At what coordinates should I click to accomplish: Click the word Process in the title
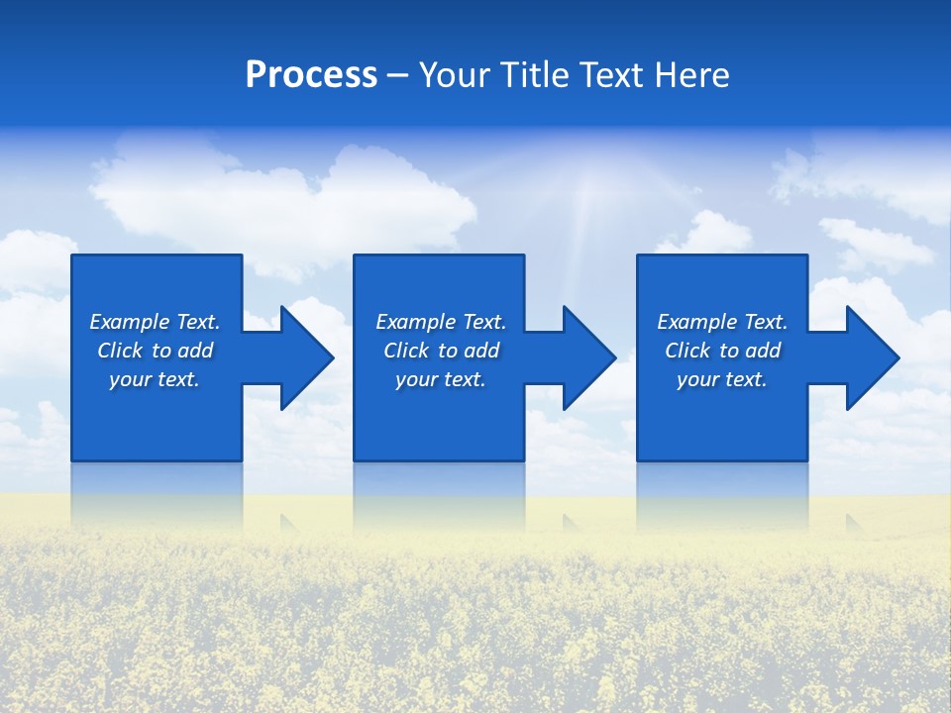311,75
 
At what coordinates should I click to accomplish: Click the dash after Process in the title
397,76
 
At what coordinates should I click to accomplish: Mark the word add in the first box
196,351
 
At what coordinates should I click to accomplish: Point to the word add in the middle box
482,351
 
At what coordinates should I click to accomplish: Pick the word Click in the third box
688,351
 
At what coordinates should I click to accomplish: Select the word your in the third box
697,379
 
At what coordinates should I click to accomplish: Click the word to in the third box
730,351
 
